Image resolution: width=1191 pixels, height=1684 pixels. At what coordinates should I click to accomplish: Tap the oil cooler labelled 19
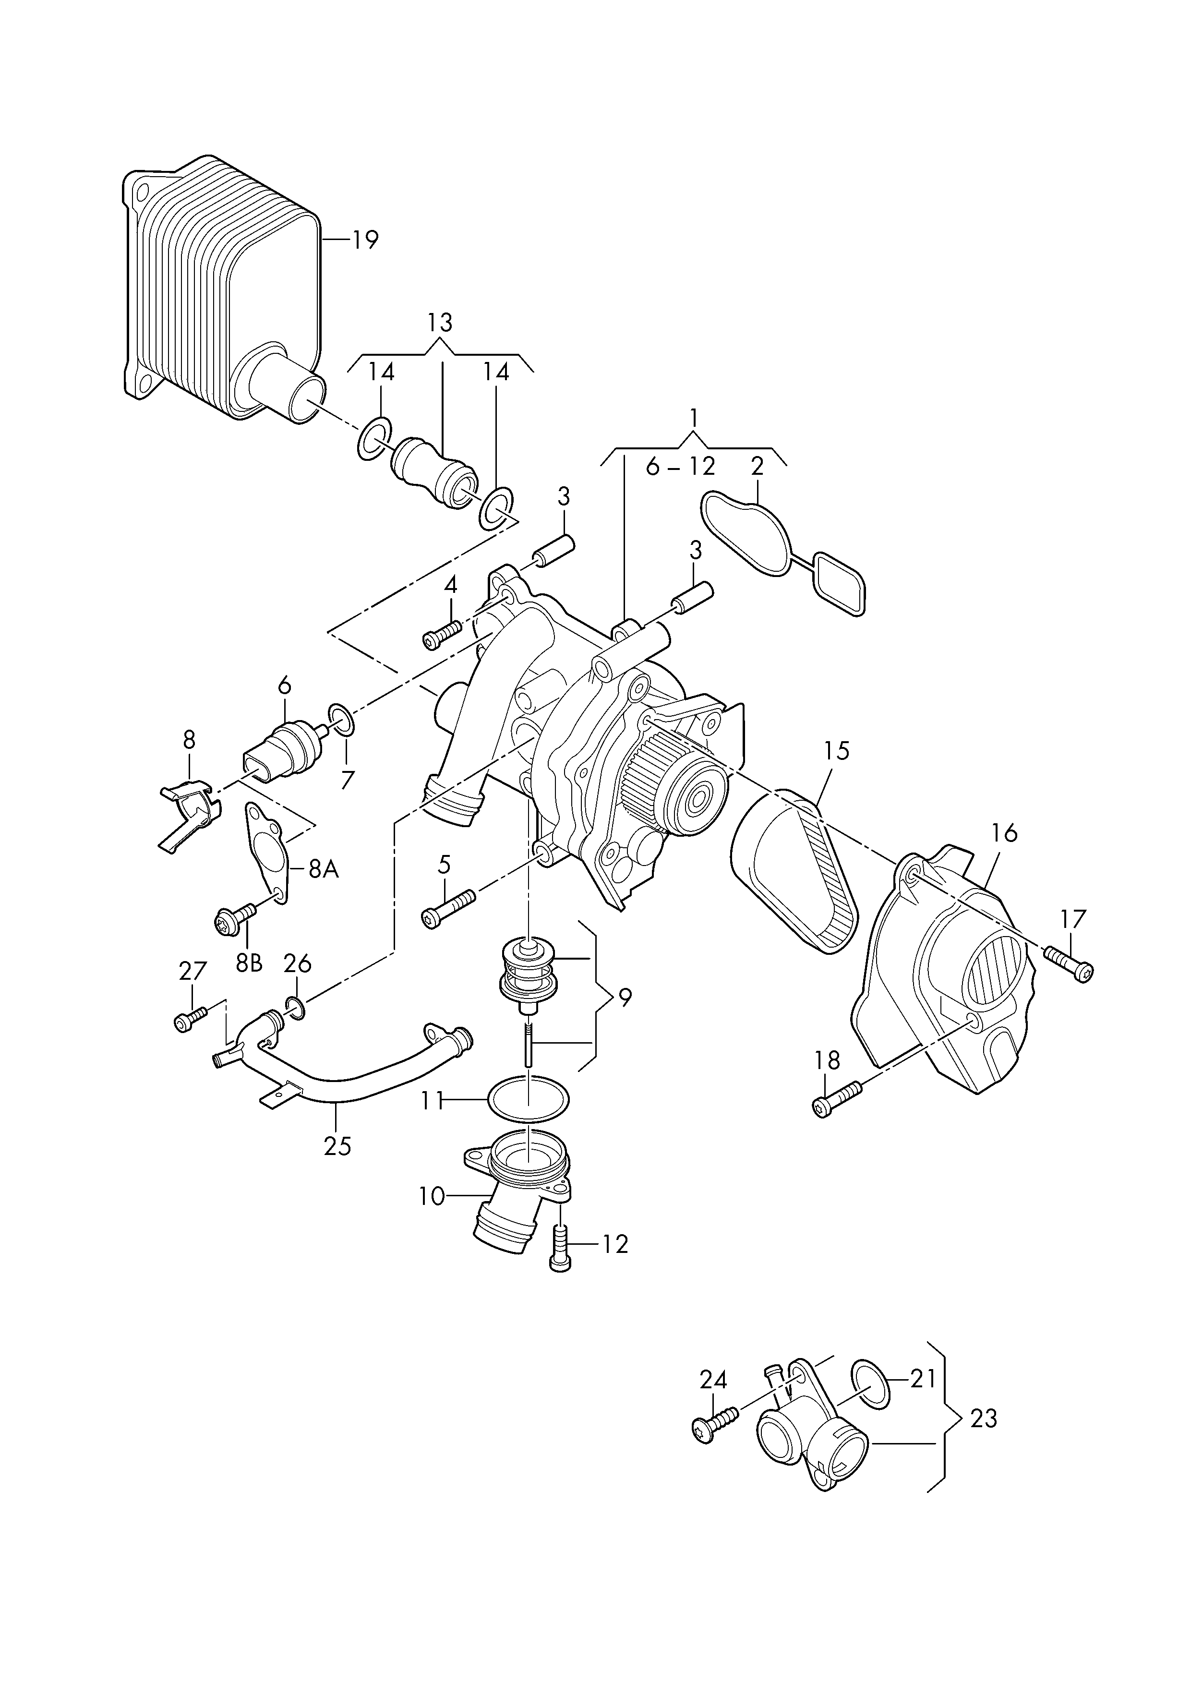[220, 293]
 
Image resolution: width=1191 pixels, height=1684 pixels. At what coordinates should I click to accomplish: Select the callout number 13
[440, 322]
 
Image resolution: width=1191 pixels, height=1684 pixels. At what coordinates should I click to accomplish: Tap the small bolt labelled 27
[189, 1020]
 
